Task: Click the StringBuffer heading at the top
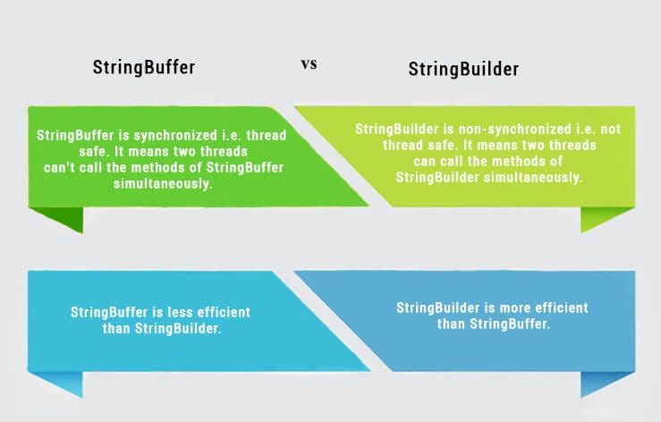(x=144, y=68)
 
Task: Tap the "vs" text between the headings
(x=308, y=64)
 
